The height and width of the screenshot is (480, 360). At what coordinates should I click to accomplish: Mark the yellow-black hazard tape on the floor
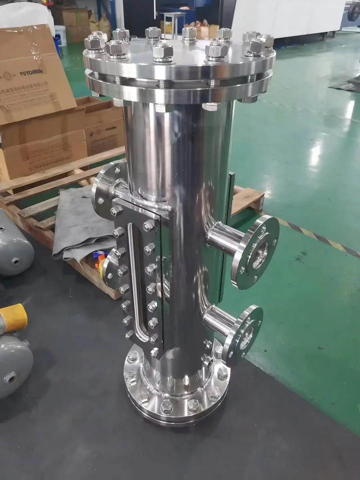pyautogui.click(x=315, y=236)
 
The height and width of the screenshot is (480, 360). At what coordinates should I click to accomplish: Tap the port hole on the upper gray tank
pyautogui.click(x=16, y=261)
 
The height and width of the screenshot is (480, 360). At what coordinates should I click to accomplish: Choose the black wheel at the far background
pyautogui.click(x=353, y=11)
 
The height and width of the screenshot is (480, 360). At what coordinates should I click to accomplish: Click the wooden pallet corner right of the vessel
pyautogui.click(x=250, y=198)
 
